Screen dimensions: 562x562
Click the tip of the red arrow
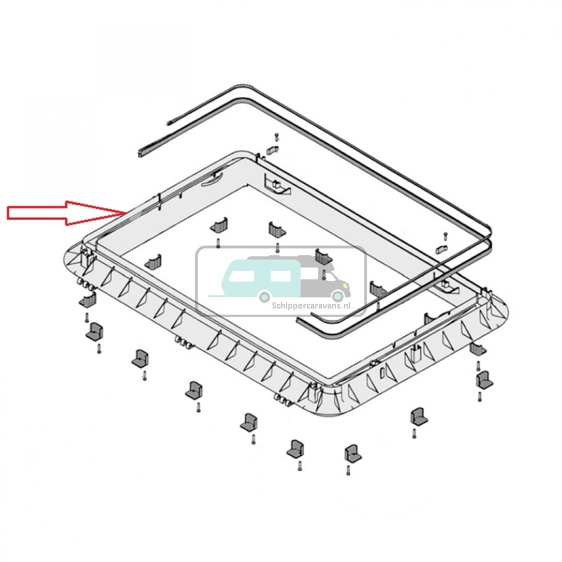coord(126,213)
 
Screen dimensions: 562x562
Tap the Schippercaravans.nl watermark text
coord(311,306)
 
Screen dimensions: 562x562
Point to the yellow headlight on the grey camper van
coord(345,285)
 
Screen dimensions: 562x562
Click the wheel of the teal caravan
coord(265,296)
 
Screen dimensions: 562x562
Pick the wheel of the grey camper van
coord(337,296)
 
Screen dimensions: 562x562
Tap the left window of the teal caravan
coord(242,275)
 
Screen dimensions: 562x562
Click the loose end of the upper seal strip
coord(167,123)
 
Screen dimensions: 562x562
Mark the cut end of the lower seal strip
coord(140,154)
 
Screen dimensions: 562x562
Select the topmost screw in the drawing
coord(277,137)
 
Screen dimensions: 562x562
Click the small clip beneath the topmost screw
coord(273,149)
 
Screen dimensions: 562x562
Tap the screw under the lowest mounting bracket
coord(348,470)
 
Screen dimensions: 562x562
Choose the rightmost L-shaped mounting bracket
coord(484,380)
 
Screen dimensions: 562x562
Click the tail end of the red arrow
coord(8,213)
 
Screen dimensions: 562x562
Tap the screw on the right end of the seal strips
coord(445,235)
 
